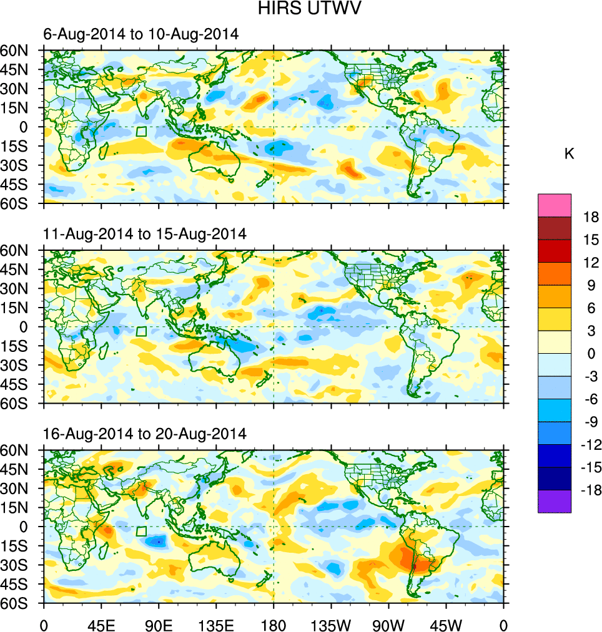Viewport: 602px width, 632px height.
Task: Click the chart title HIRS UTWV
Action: coord(301,9)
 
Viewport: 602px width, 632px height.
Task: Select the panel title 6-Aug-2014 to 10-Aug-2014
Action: coord(141,34)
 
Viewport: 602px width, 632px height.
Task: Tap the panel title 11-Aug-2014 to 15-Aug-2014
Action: coord(145,234)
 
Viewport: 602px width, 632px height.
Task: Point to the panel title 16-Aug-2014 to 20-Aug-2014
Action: coord(145,434)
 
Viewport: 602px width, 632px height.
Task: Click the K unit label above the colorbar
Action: coord(569,154)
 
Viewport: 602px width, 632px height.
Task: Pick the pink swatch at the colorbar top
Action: coord(555,205)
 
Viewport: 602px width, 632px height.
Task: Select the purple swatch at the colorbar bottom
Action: coord(555,502)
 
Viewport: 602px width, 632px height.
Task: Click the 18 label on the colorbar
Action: coord(590,218)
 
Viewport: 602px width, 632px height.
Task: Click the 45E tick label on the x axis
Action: coord(101,624)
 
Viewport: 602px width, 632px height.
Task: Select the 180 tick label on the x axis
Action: coord(274,624)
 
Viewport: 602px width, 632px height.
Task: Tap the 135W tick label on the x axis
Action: coord(331,624)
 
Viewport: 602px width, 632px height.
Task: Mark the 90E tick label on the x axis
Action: coord(159,624)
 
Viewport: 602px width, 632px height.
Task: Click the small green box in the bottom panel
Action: coord(141,531)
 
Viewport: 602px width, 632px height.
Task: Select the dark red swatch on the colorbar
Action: coord(555,228)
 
